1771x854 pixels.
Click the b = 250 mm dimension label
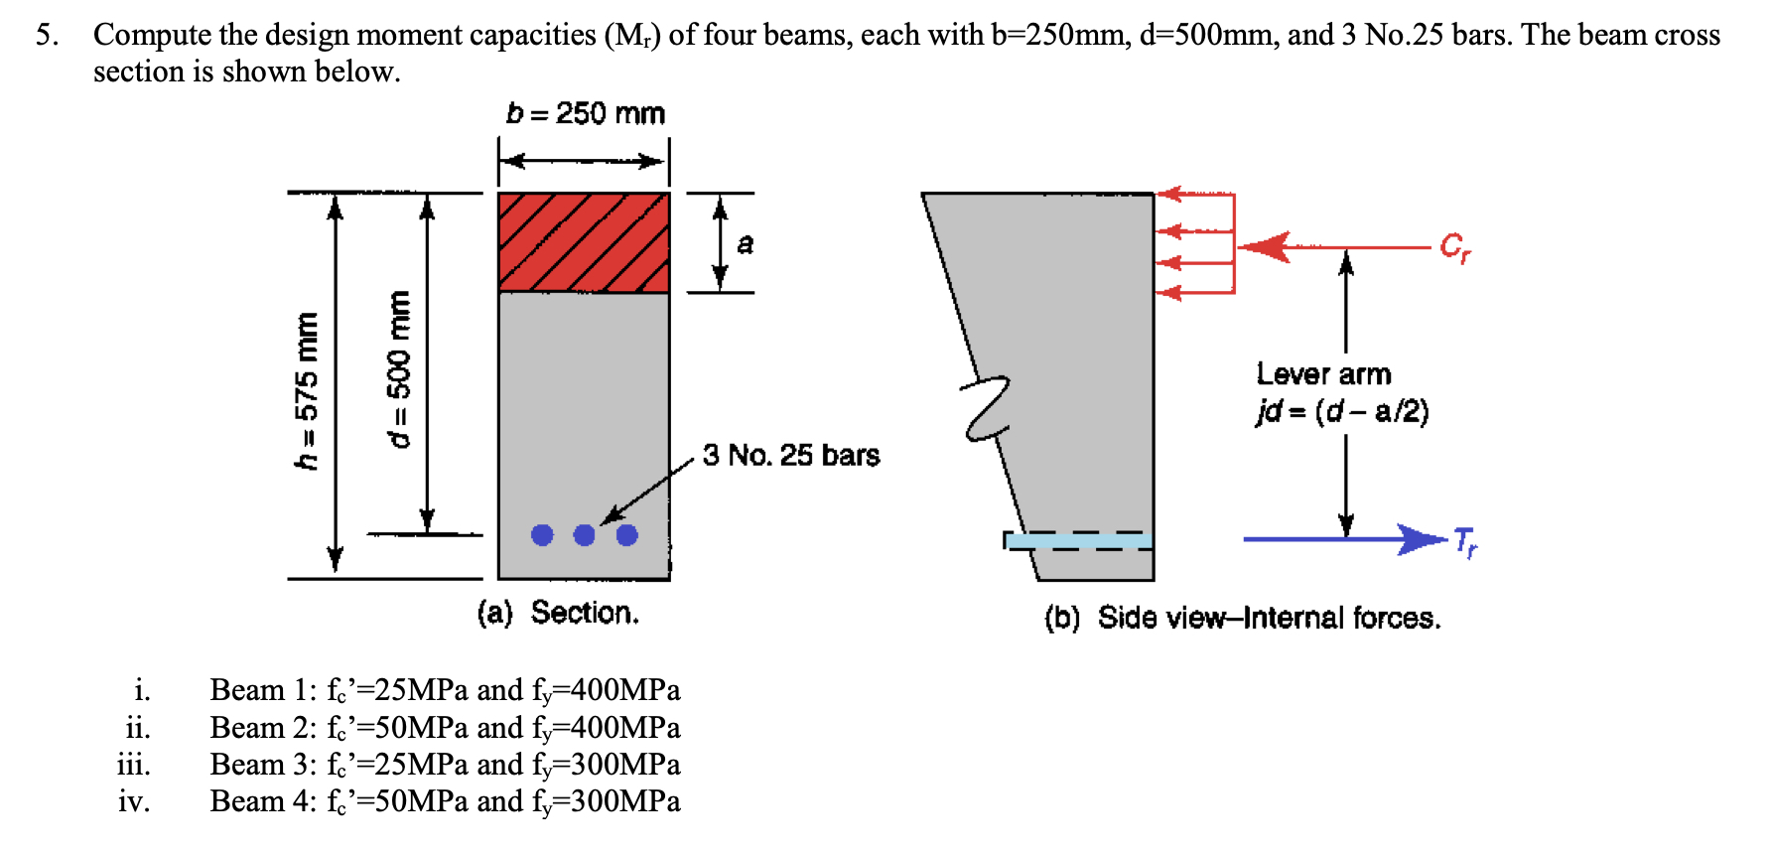tap(585, 113)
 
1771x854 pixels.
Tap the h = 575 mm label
tap(309, 390)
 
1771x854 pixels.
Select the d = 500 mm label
tap(399, 368)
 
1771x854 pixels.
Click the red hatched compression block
tap(584, 242)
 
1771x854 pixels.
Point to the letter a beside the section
tap(746, 243)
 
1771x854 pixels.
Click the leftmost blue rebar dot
tap(542, 535)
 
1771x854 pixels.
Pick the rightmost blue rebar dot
tap(626, 535)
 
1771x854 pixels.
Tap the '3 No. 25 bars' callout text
tap(791, 455)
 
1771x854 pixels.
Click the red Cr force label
tap(1456, 246)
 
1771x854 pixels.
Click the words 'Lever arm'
tap(1323, 373)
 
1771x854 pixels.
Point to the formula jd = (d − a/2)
tap(1342, 411)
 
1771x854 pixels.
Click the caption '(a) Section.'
tap(558, 613)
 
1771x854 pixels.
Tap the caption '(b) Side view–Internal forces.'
tap(1242, 618)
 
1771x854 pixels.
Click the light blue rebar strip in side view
tap(1080, 541)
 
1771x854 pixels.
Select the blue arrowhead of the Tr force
tap(1424, 539)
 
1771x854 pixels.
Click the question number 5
tap(47, 35)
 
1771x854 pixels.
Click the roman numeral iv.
tap(134, 800)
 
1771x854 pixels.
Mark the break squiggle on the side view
tap(986, 407)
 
